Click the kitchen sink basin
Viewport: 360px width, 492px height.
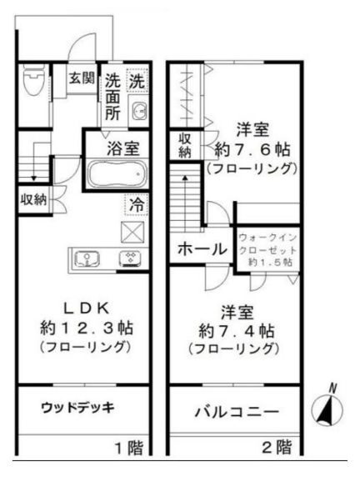pos(88,259)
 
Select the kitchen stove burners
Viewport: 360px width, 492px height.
pos(131,258)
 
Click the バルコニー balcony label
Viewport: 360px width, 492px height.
pos(236,412)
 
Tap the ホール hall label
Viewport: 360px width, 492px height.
pos(201,249)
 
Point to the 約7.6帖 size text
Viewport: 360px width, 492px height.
pos(251,150)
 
